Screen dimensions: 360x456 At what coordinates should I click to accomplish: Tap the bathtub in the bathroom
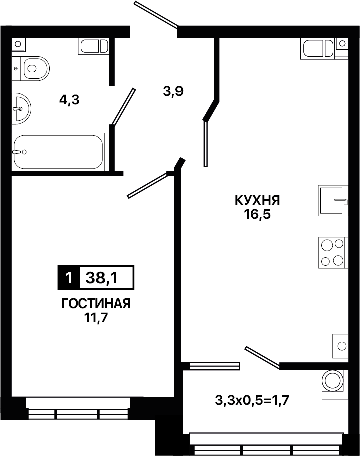click(58, 152)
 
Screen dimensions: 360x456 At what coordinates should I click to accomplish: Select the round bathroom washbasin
click(21, 109)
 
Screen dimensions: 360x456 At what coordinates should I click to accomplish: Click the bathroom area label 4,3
click(69, 100)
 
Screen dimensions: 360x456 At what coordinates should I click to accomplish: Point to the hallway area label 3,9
click(173, 92)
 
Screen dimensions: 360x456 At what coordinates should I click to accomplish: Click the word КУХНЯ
click(257, 200)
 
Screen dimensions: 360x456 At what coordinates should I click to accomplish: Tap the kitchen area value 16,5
click(257, 215)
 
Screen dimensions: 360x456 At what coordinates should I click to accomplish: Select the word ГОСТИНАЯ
click(96, 303)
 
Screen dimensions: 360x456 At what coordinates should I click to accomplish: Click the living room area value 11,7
click(96, 318)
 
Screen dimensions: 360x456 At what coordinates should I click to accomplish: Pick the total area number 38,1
click(102, 278)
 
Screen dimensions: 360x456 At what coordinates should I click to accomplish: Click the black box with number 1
click(69, 278)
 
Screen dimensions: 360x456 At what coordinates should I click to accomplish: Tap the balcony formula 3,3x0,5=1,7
click(252, 401)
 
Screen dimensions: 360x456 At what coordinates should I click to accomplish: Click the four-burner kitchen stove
click(333, 253)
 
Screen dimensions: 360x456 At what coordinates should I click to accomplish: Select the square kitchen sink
click(333, 200)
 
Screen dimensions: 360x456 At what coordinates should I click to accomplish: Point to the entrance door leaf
click(156, 15)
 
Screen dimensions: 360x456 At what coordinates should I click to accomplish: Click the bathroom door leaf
click(124, 107)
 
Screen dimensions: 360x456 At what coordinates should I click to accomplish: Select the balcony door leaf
click(262, 358)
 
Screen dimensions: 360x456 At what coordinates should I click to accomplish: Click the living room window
click(78, 408)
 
